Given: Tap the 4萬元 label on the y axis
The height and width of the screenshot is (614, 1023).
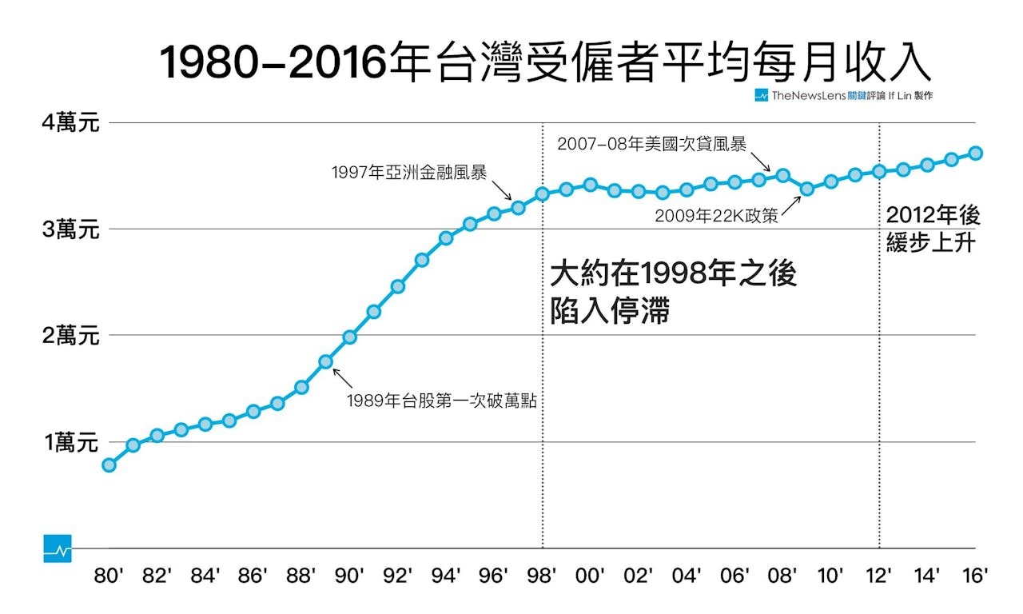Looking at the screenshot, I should [x=71, y=124].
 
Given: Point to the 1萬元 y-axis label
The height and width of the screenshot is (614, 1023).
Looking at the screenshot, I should [x=71, y=442].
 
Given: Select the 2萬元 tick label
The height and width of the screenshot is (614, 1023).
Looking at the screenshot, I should [x=71, y=336].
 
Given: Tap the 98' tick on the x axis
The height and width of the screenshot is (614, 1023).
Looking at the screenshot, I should [x=543, y=576].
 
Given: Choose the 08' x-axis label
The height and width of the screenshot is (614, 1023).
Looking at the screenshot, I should [x=783, y=576].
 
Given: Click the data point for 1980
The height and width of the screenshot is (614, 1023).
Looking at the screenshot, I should [x=109, y=464].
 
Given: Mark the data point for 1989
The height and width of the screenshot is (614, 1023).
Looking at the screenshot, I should [x=326, y=361].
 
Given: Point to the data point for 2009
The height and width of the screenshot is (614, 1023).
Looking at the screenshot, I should [x=807, y=189].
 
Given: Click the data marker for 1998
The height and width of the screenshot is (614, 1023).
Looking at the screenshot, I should [x=543, y=193].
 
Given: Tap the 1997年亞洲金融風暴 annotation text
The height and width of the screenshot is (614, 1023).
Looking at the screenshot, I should [x=409, y=172].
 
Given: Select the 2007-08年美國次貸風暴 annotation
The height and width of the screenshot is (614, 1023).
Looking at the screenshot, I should [x=652, y=144].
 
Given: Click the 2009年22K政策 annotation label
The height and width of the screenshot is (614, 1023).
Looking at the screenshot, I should [x=716, y=216].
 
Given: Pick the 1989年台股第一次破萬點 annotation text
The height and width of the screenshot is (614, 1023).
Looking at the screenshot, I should [x=441, y=401].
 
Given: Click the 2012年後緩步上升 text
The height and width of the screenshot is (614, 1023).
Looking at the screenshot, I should [x=932, y=229].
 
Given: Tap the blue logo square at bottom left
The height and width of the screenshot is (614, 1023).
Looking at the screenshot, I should [x=58, y=548].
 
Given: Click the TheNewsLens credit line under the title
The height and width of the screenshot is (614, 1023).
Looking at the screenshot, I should [x=844, y=96].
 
